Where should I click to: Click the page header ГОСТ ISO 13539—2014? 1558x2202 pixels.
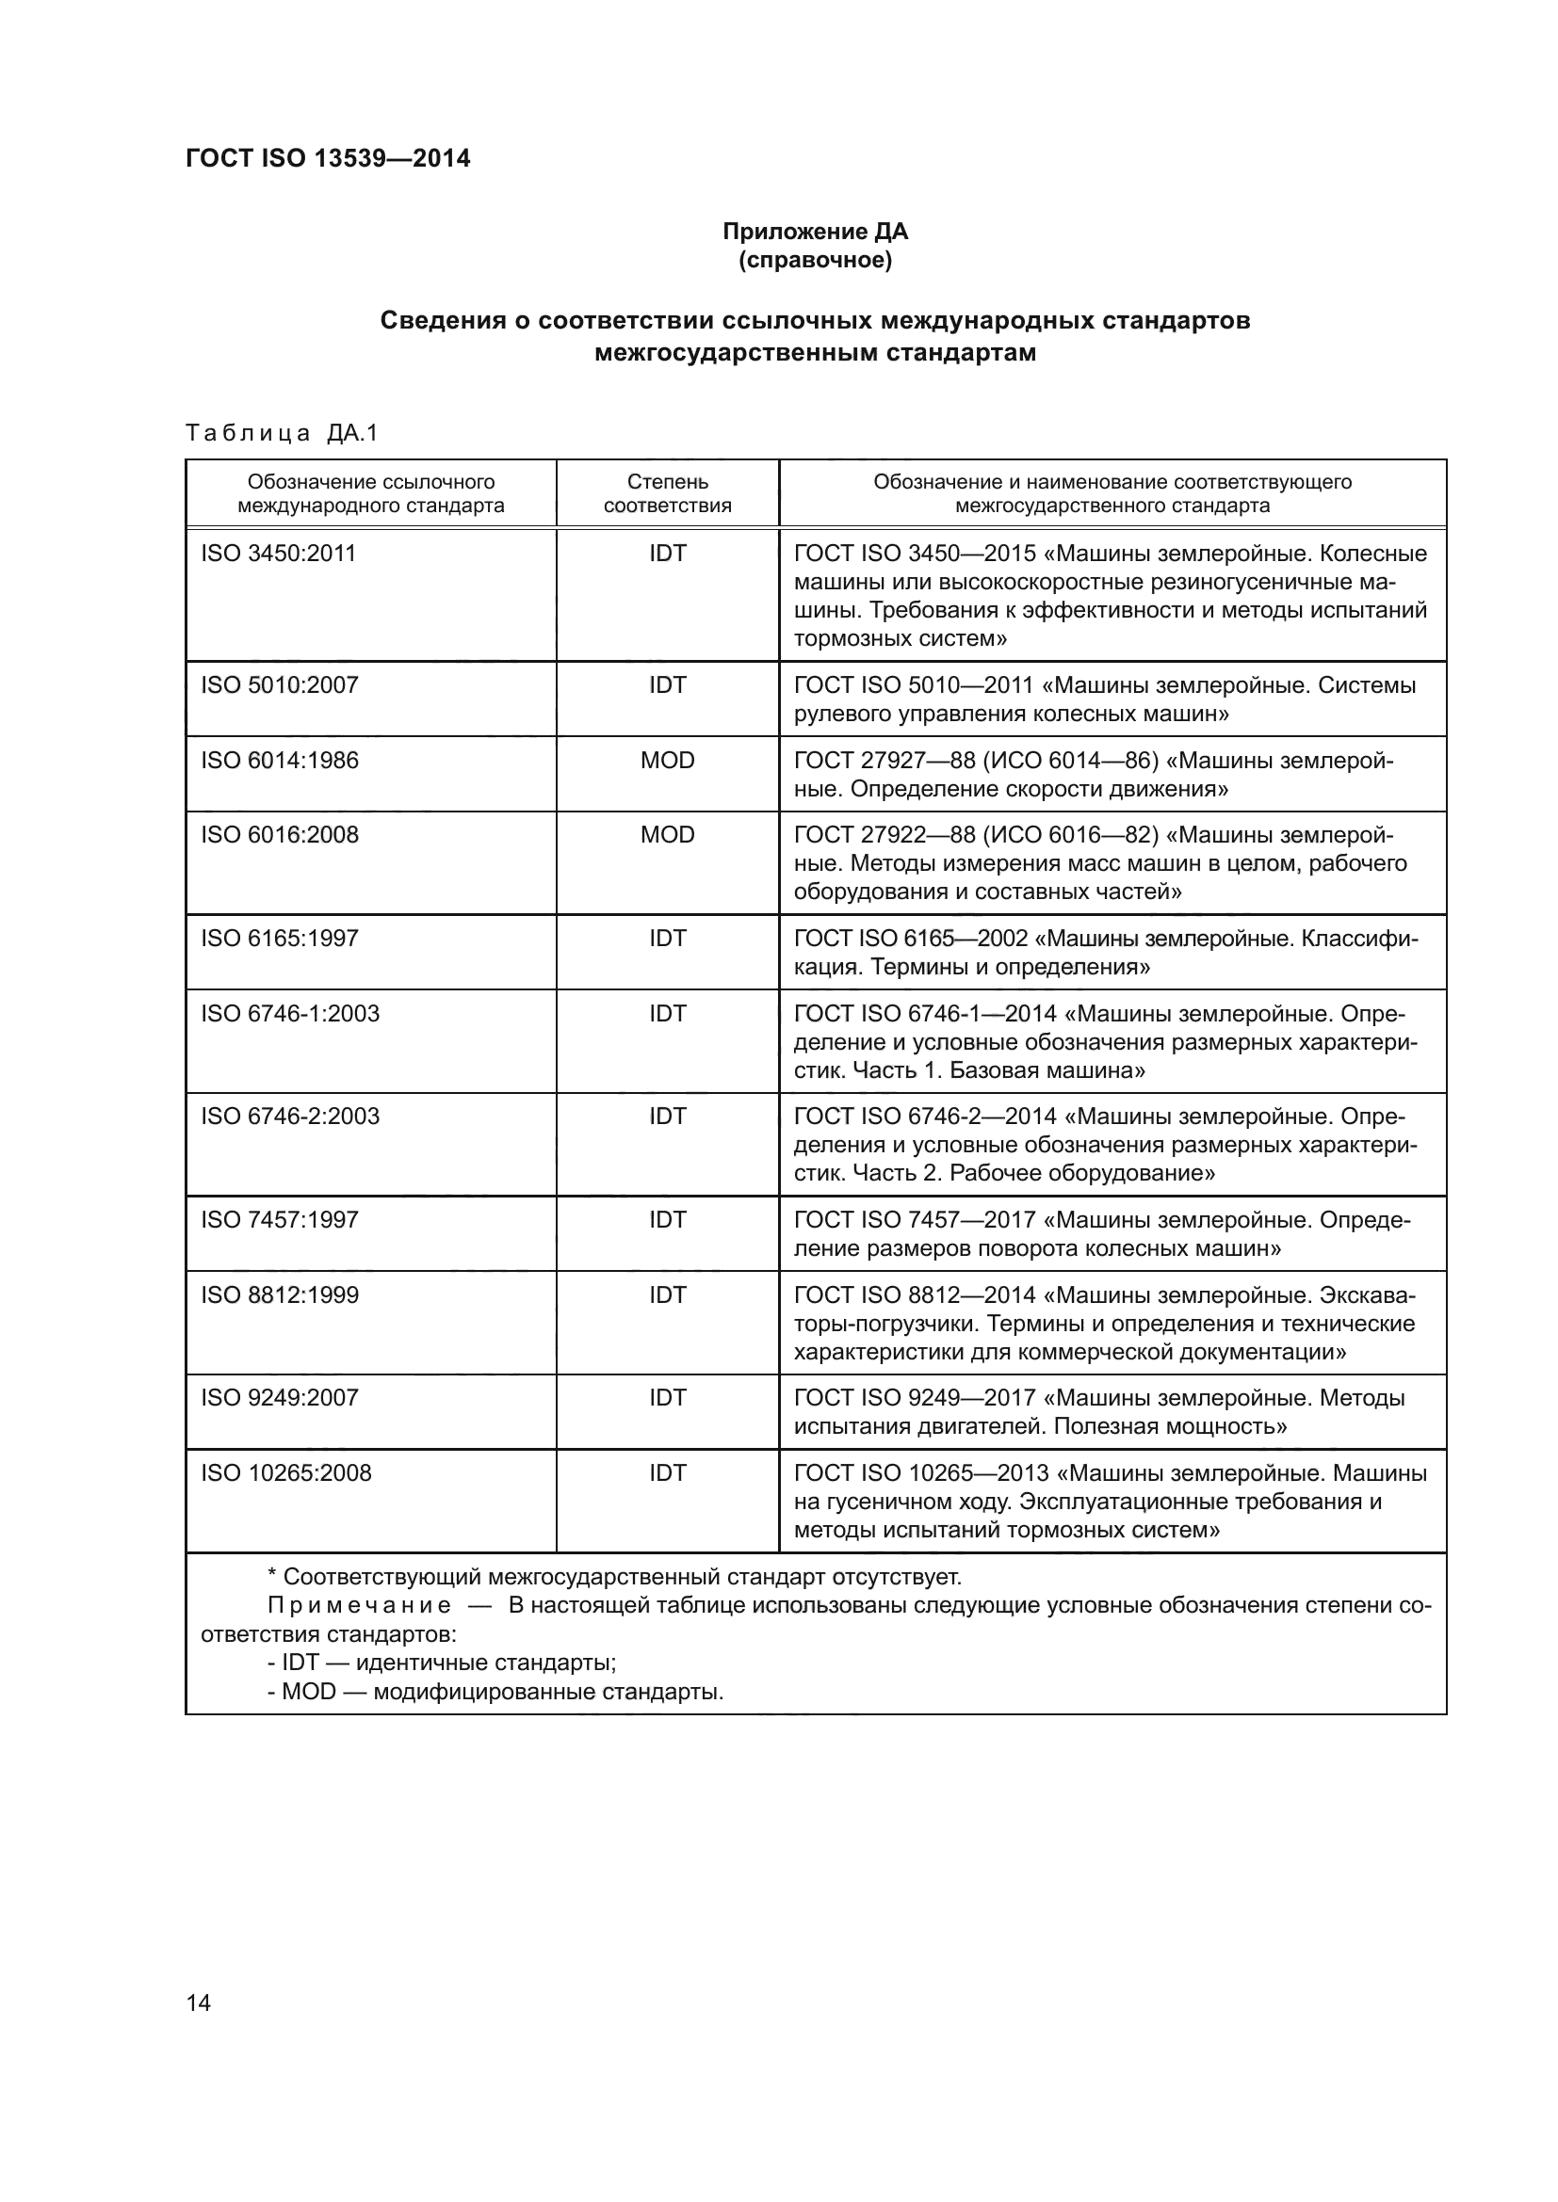click(x=327, y=158)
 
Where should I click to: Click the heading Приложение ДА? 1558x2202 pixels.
click(x=815, y=232)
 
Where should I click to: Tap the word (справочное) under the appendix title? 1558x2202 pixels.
click(x=815, y=260)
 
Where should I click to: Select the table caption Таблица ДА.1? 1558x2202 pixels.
click(x=282, y=433)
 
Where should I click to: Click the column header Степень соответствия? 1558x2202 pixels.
click(x=667, y=493)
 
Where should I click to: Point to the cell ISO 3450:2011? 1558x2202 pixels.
click(x=278, y=554)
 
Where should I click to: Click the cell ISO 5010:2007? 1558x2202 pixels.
click(x=279, y=684)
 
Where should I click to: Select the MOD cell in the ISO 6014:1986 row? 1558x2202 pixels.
click(x=667, y=761)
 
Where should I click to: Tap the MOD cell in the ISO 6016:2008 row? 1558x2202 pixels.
click(x=667, y=834)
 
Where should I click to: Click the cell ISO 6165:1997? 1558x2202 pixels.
click(x=279, y=938)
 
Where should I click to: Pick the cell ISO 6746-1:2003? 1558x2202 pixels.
click(x=290, y=1014)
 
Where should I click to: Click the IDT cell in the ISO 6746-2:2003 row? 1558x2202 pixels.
click(x=667, y=1117)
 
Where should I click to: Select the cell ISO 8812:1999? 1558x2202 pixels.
click(x=279, y=1294)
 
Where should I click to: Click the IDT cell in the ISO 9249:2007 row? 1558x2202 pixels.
click(x=667, y=1397)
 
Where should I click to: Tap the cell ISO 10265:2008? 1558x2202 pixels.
click(x=286, y=1473)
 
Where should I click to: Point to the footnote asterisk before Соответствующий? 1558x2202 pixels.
click(x=271, y=1578)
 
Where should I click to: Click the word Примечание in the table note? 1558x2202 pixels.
click(x=359, y=1606)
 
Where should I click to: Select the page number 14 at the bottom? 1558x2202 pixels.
click(x=199, y=2002)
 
